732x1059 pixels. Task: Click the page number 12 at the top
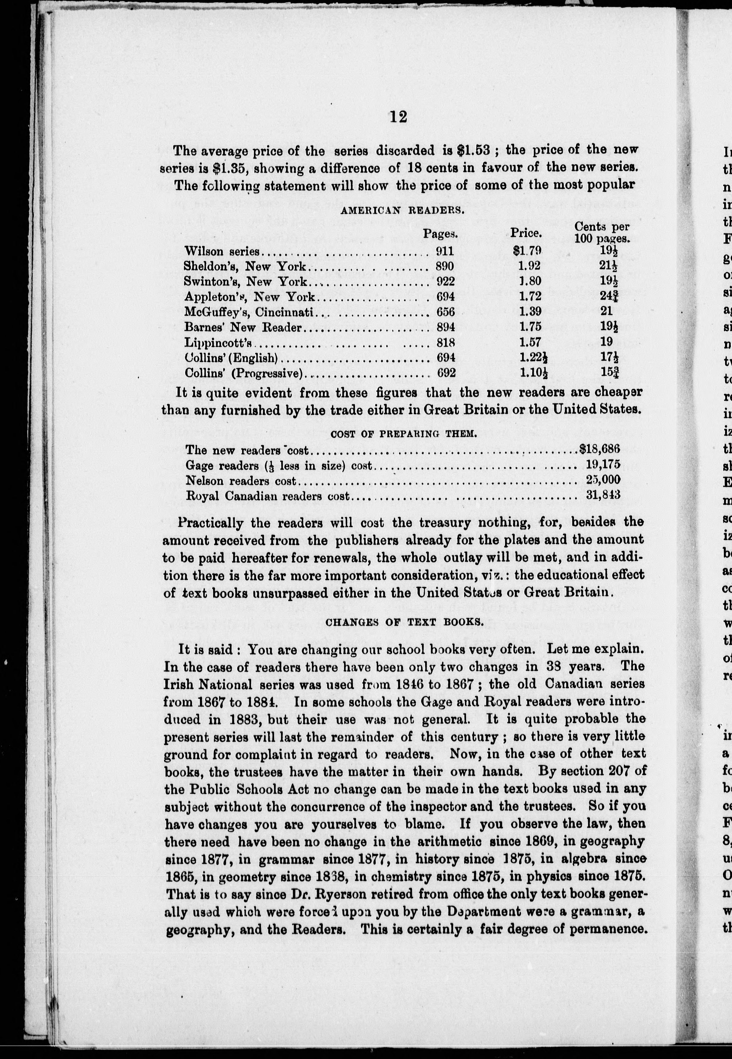[398, 117]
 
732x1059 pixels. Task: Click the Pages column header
[441, 234]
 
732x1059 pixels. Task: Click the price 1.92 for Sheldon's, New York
[530, 266]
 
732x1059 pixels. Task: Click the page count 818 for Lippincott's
[445, 342]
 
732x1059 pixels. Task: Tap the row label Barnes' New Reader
[243, 327]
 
